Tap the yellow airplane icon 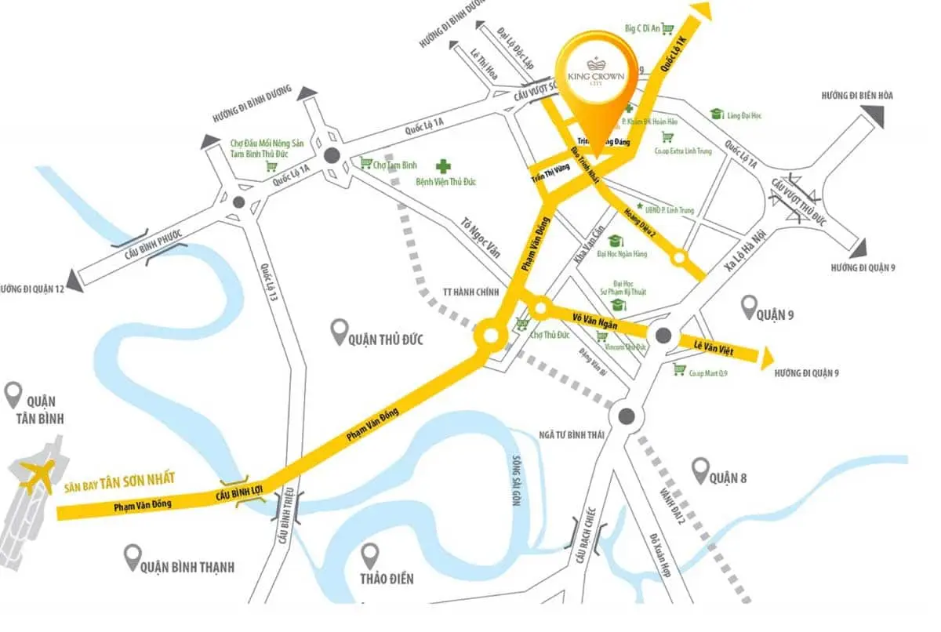(37, 478)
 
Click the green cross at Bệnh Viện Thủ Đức (445, 166)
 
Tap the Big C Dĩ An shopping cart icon (667, 29)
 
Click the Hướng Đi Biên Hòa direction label (857, 96)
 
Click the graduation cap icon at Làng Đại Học (716, 114)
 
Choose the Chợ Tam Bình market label (394, 164)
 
